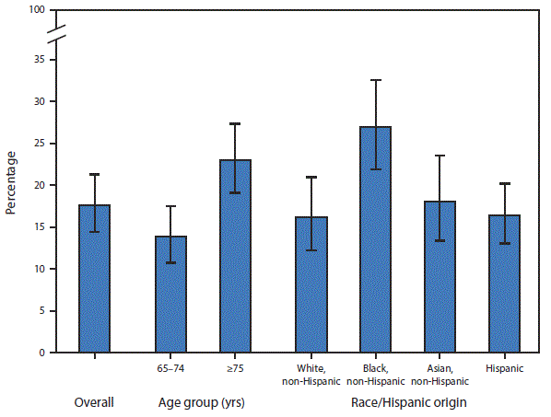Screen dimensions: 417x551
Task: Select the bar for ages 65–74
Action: tap(170, 295)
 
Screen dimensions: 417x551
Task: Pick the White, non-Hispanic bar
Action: tap(311, 284)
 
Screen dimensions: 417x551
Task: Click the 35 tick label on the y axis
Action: tap(41, 59)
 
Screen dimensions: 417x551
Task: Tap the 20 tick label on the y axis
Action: tap(41, 185)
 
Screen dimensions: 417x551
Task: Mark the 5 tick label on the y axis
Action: tap(43, 311)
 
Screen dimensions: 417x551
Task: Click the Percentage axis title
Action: tap(11, 182)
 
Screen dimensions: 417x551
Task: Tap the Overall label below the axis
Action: tap(94, 402)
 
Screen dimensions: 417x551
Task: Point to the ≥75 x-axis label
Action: tap(234, 369)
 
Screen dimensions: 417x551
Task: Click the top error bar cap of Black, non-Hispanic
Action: tap(375, 80)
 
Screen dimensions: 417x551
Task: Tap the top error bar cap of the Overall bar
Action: tap(94, 174)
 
